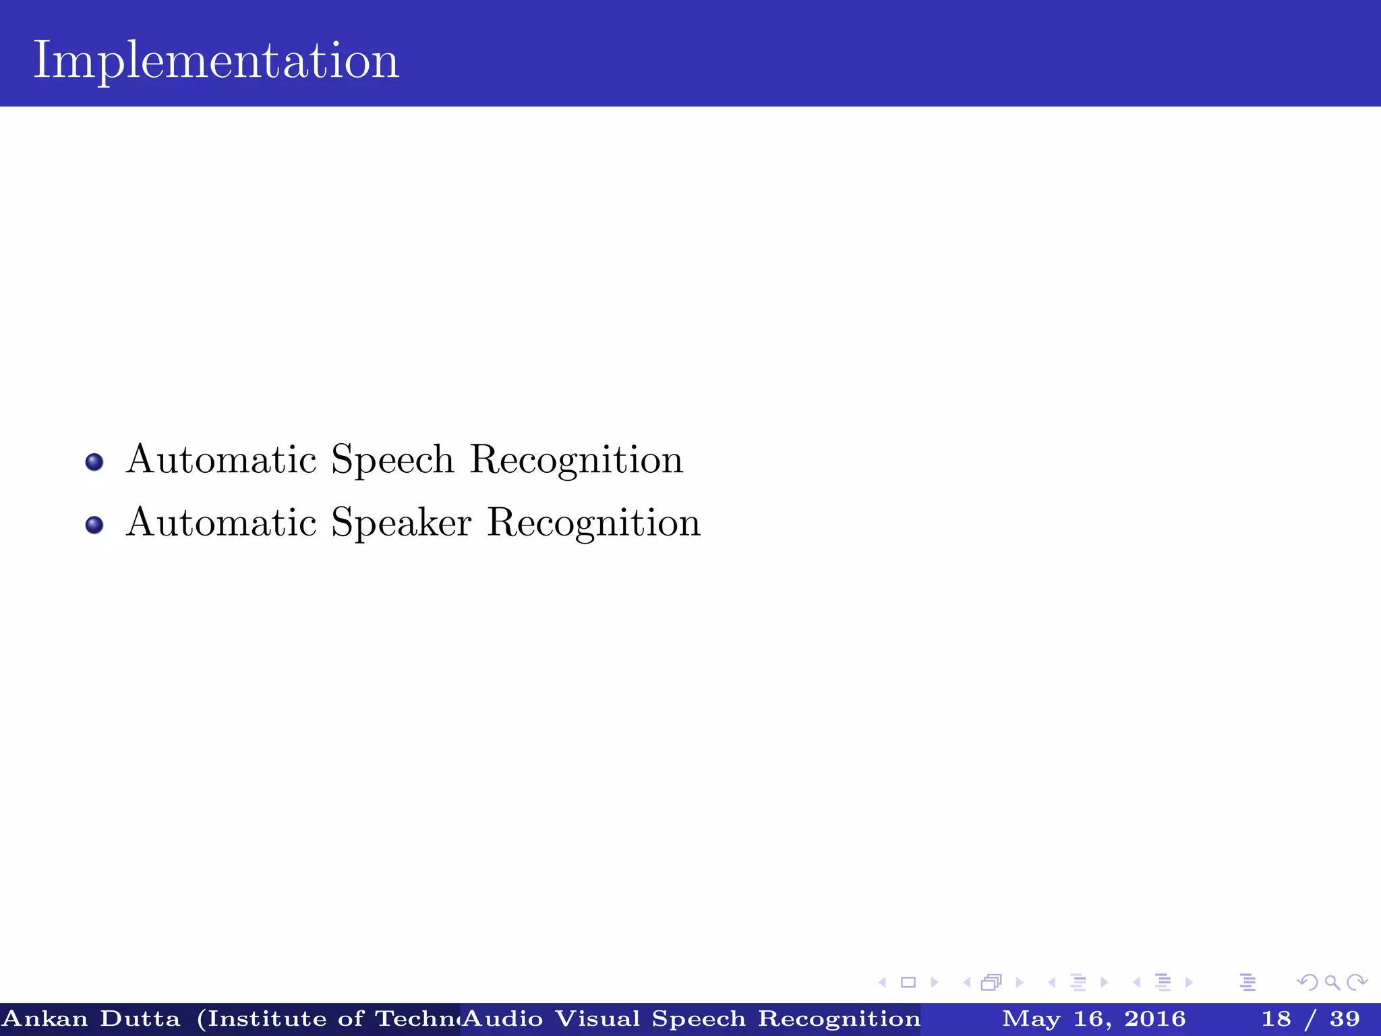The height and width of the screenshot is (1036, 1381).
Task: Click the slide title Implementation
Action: [216, 61]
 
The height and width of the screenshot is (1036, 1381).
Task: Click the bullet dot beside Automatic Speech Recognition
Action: [94, 462]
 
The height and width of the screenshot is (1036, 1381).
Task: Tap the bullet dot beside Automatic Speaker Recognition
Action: [94, 525]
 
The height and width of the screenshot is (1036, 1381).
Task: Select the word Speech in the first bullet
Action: [392, 461]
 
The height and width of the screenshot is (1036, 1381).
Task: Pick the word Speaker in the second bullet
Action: [401, 523]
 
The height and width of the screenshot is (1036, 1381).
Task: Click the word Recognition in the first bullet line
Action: [577, 461]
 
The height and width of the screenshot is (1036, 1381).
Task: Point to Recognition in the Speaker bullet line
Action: [594, 523]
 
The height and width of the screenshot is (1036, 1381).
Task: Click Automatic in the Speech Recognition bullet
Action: [221, 461]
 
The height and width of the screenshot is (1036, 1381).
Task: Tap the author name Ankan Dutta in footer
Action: [92, 1018]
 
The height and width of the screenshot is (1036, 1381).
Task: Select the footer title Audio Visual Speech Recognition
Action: [691, 1018]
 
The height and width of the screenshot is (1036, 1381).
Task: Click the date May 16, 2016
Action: [1094, 1018]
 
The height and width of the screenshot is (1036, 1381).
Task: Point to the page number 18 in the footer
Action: [1276, 1018]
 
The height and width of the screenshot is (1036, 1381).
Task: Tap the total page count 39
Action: [1345, 1018]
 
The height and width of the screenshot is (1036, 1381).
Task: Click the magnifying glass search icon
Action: [1332, 982]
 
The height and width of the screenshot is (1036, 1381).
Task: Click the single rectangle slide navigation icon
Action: [908, 982]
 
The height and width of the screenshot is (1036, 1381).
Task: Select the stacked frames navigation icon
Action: [991, 982]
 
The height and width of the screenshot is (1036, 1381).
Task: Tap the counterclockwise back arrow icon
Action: [1307, 982]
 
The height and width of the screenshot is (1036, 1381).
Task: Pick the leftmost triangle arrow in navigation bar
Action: [882, 982]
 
